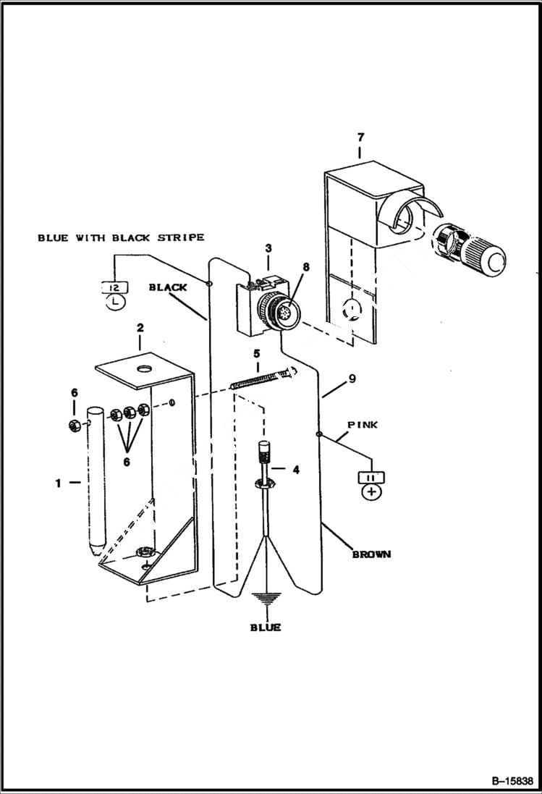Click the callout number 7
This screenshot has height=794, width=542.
(360, 137)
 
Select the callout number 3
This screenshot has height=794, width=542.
(268, 248)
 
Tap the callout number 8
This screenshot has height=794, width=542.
(306, 266)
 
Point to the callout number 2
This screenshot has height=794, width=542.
(140, 327)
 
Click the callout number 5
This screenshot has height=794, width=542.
(255, 353)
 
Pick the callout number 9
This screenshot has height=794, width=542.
(352, 378)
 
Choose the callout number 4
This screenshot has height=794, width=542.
(295, 469)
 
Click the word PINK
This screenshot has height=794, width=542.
(362, 426)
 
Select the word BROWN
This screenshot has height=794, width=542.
(371, 554)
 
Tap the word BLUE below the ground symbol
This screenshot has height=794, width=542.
(266, 628)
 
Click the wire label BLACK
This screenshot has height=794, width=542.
(168, 287)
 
